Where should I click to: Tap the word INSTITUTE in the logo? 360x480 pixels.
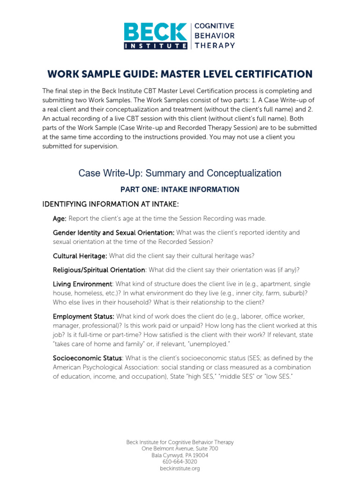tap(155, 45)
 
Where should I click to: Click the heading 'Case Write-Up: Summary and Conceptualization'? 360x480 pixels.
tap(180, 173)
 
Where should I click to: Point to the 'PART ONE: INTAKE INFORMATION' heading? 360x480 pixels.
tap(180, 189)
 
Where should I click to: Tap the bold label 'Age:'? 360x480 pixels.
tap(60, 218)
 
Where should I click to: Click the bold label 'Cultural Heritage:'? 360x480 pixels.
tap(80, 255)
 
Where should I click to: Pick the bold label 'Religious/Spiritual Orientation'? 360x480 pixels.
tap(99, 270)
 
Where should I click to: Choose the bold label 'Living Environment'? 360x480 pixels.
tap(82, 284)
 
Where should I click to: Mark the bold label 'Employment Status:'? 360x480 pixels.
tap(83, 316)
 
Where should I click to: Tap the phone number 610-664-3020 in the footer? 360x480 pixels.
tap(180, 462)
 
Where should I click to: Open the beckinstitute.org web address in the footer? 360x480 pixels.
tap(180, 468)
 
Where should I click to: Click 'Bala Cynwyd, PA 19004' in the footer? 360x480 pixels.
tap(180, 455)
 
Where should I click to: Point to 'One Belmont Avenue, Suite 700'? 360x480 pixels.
tap(180, 449)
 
